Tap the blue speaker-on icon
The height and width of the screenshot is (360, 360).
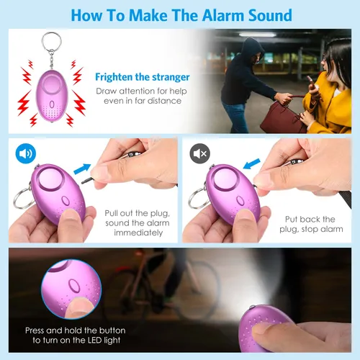(26, 153)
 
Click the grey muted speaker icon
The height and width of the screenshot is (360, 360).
(199, 153)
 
